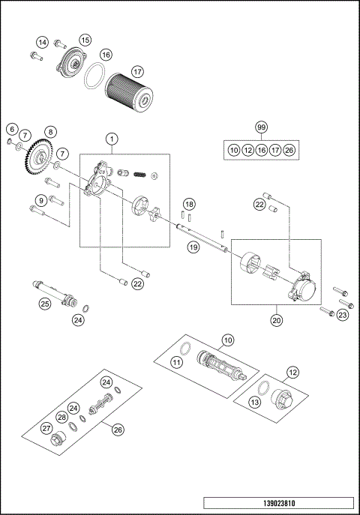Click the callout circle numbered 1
tap(112, 138)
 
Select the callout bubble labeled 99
tap(261, 127)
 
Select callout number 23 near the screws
tap(343, 316)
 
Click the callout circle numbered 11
tap(176, 361)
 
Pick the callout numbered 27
tap(46, 428)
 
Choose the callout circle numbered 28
tap(61, 418)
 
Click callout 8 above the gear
tap(49, 132)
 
